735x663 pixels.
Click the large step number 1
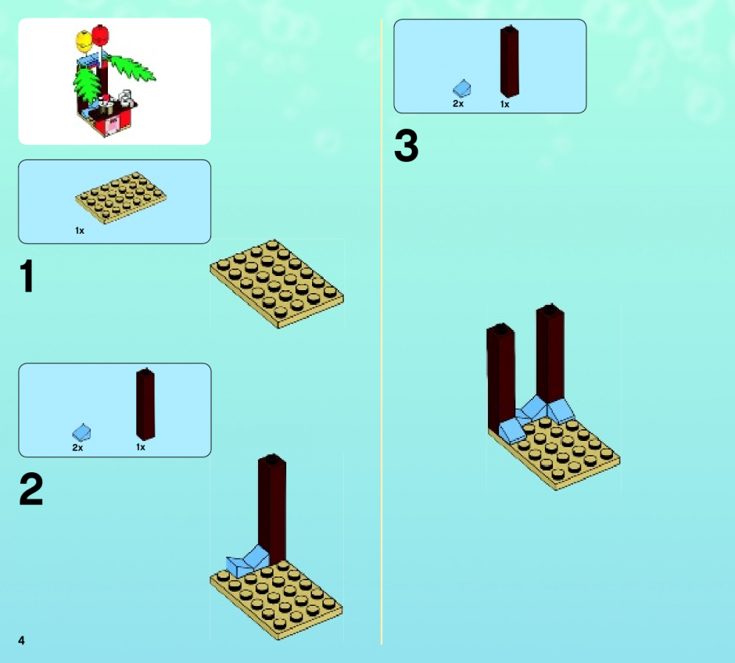(27, 276)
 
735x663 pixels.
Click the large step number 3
(406, 145)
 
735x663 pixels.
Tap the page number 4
(21, 640)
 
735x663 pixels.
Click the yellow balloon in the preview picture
(84, 41)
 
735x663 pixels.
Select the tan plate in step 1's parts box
(120, 197)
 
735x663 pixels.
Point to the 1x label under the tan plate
(80, 231)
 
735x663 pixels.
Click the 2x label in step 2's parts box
(78, 448)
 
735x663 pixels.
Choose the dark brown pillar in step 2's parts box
(145, 404)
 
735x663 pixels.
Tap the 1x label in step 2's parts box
(141, 447)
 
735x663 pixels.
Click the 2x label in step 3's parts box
(458, 103)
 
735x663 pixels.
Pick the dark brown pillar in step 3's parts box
(510, 61)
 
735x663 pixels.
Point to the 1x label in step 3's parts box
(505, 105)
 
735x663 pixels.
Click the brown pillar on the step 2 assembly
(272, 508)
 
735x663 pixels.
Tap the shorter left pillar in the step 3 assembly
(500, 377)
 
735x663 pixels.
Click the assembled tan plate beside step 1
(277, 284)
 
